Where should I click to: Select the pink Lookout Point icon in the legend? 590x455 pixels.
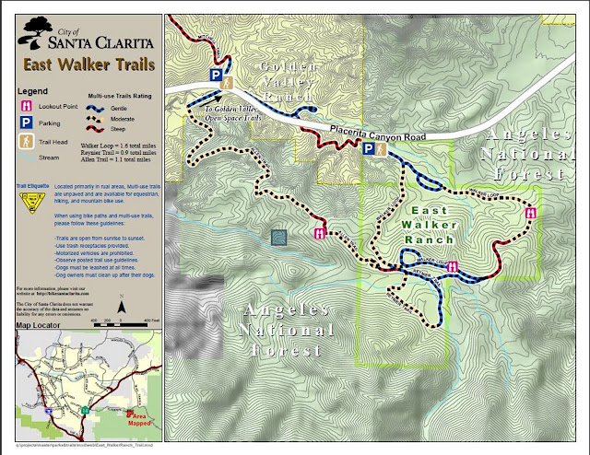click(26, 106)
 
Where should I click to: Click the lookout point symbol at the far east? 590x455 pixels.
click(530, 213)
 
